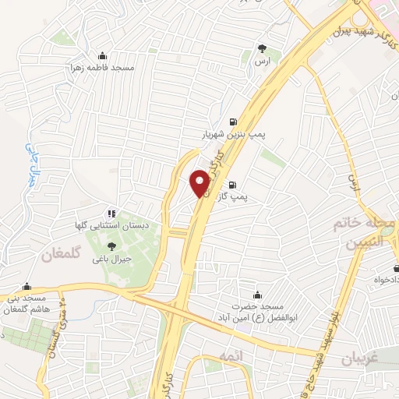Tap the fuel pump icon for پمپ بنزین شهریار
(x=232, y=122)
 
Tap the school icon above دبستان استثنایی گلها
(x=112, y=212)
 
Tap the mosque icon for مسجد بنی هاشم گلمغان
(x=27, y=286)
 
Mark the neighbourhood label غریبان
(x=359, y=360)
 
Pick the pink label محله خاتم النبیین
(x=359, y=232)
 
